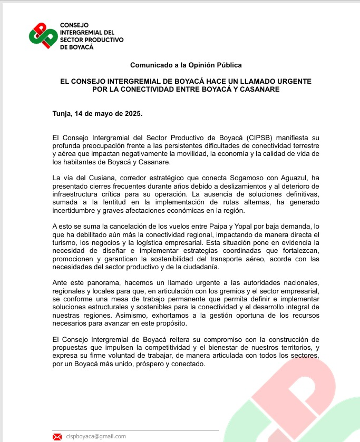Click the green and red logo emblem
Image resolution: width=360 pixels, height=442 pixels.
click(x=43, y=36)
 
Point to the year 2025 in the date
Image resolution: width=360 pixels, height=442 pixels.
click(x=132, y=113)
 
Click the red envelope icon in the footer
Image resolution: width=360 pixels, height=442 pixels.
click(x=57, y=436)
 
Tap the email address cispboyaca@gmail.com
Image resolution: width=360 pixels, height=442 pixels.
click(x=96, y=436)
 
